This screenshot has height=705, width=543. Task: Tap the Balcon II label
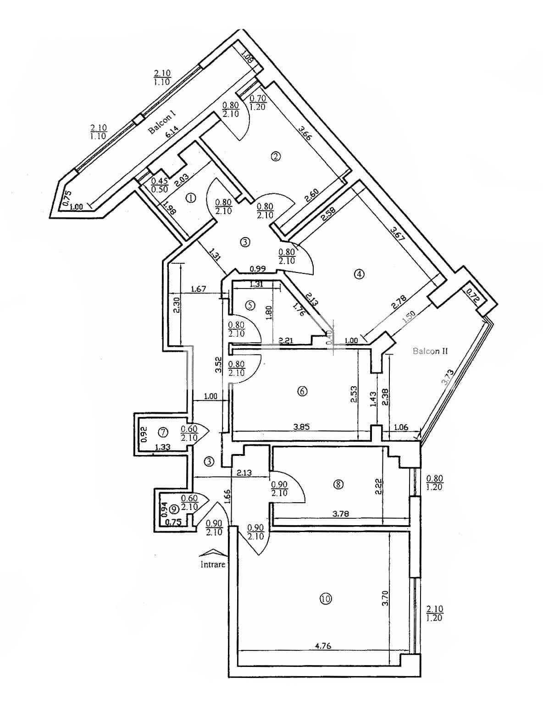tap(430, 351)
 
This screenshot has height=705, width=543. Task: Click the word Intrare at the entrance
tap(213, 564)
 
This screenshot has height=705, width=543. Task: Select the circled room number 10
tap(326, 598)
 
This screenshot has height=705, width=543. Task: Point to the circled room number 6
tap(302, 391)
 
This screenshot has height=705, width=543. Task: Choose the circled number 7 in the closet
tap(163, 432)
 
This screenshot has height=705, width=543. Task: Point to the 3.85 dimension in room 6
tap(301, 426)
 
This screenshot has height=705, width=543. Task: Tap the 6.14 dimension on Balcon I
tap(172, 133)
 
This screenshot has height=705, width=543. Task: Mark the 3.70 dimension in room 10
tap(385, 597)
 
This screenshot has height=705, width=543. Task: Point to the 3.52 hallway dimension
tap(219, 366)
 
